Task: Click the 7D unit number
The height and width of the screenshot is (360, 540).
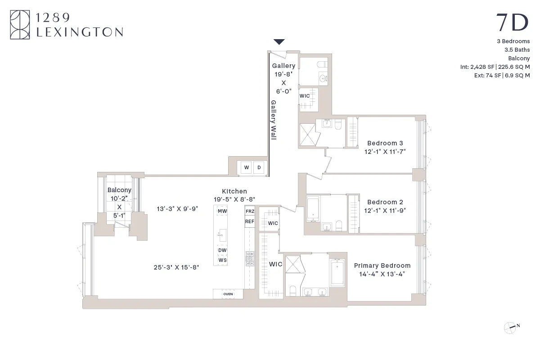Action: coord(512,22)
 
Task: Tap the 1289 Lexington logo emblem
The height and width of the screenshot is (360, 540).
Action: coord(20,25)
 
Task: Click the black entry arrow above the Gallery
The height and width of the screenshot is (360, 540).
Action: coord(279,42)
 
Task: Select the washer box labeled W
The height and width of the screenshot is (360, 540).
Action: coord(247,168)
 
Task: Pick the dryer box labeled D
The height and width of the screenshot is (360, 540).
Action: coord(259,168)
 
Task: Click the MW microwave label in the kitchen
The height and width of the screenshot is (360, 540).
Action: coord(222,211)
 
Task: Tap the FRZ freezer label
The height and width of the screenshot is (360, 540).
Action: coord(250,211)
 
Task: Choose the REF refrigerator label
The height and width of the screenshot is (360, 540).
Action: coord(250,221)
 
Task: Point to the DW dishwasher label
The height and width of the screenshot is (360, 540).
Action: coord(222,250)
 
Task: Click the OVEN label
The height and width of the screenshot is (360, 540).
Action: coord(228,294)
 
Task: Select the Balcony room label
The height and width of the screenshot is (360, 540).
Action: coord(119,190)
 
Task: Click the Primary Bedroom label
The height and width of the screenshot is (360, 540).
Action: coord(382,265)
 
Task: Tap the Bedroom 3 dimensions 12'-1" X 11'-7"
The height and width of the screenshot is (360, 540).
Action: coord(385,152)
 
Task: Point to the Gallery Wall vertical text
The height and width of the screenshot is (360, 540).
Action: coord(273,120)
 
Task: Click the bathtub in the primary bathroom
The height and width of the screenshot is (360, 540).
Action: coord(337,272)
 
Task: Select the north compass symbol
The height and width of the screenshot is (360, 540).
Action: coord(510,327)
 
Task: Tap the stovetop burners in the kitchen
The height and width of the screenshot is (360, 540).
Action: coord(250,257)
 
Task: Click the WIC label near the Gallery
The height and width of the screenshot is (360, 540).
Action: coord(305,96)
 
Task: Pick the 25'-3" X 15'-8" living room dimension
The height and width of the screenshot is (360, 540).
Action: coord(176,267)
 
